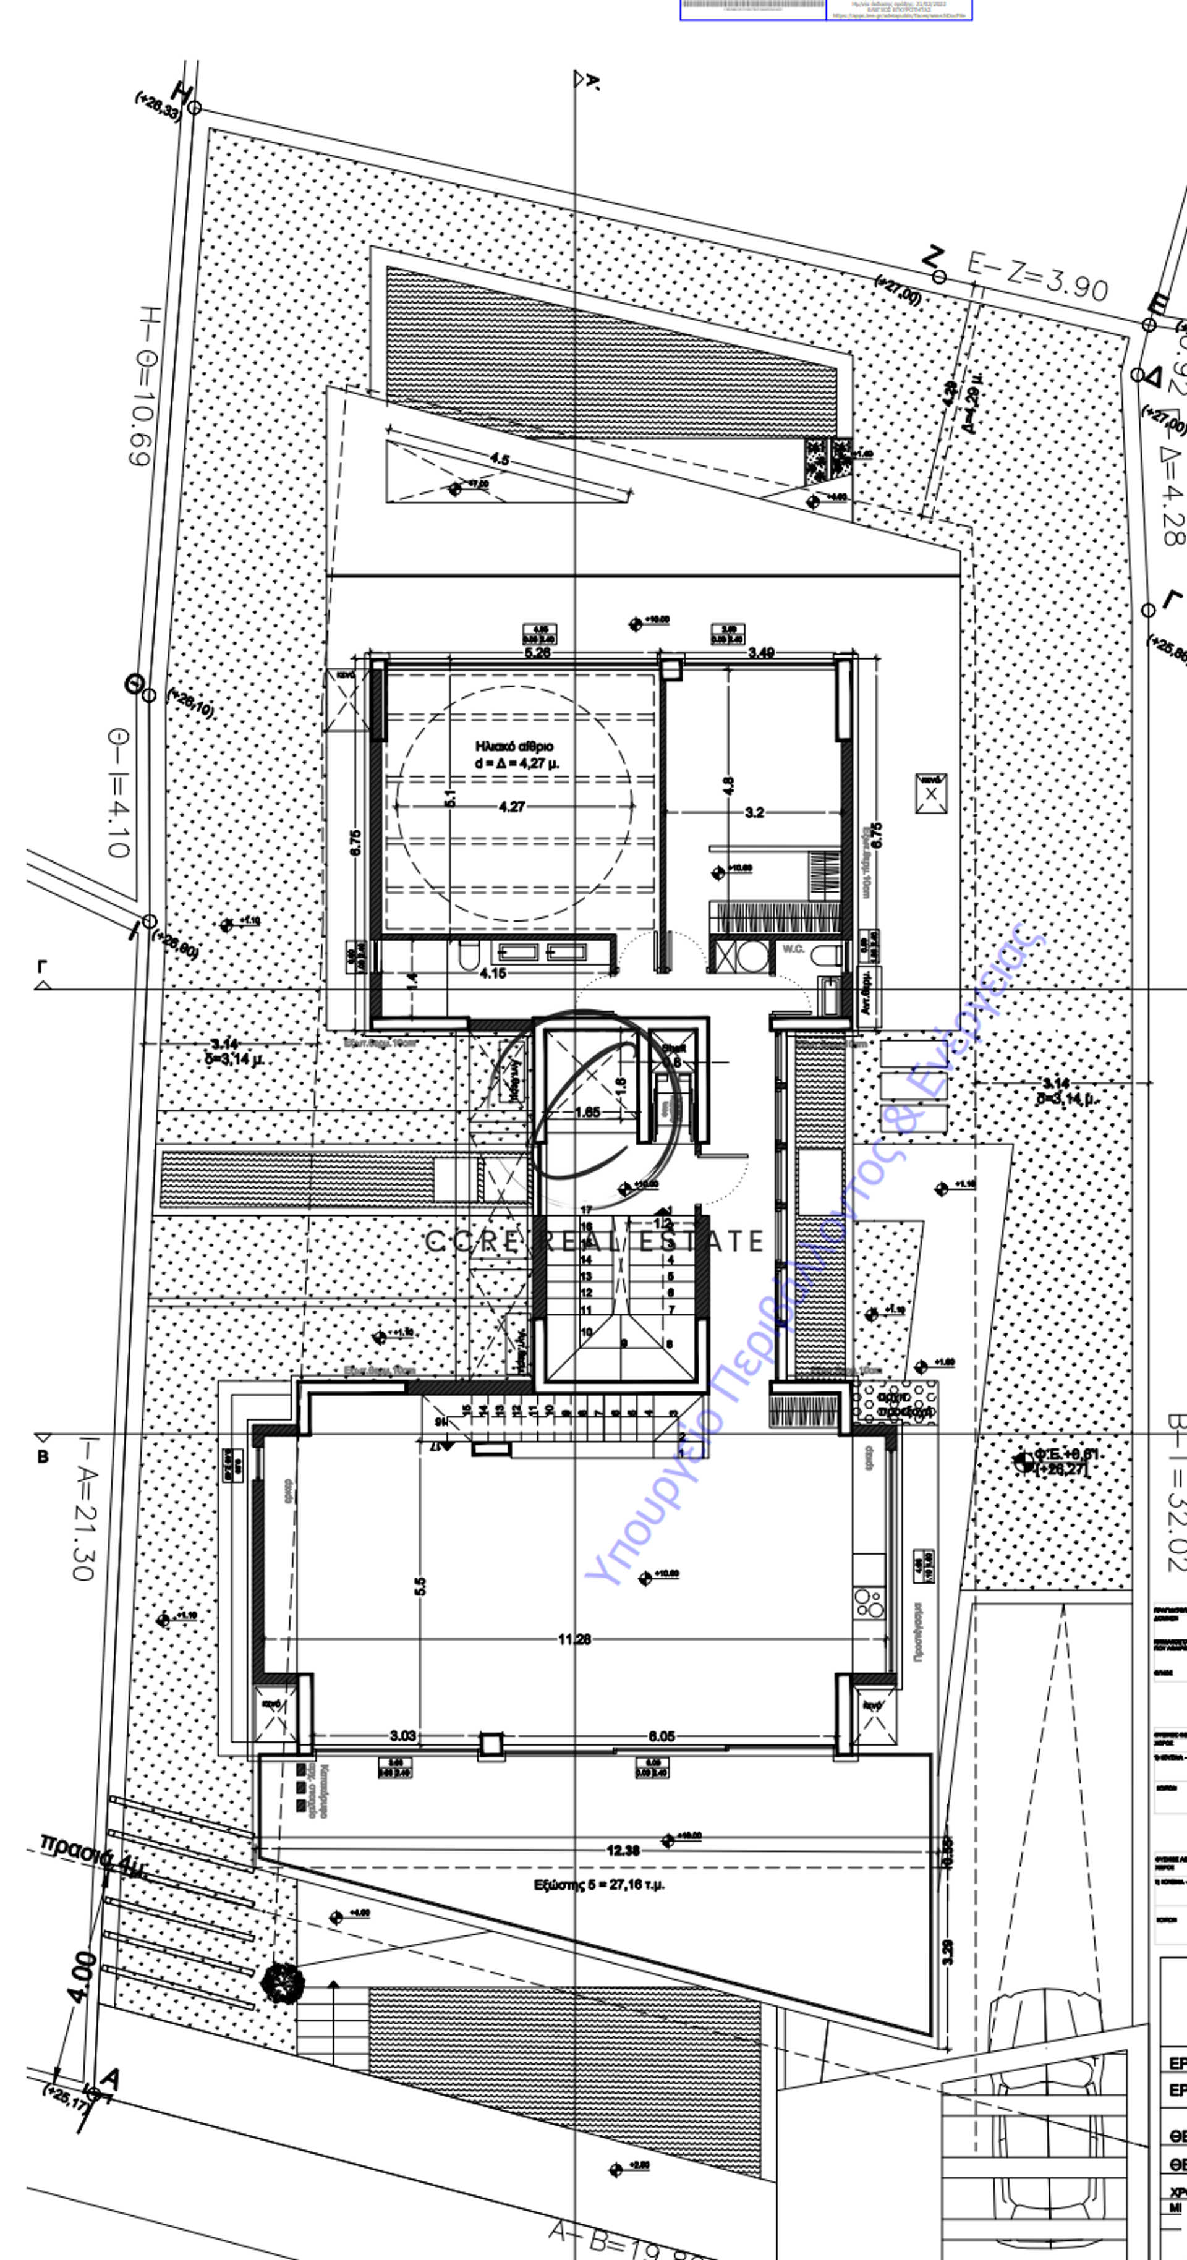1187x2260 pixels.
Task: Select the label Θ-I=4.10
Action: [117, 791]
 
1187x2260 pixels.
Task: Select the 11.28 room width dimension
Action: [574, 1638]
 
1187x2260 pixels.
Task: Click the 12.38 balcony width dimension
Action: [623, 1850]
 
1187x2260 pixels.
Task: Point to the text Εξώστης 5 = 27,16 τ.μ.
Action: [599, 1884]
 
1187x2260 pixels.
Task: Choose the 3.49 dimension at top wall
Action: [760, 653]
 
